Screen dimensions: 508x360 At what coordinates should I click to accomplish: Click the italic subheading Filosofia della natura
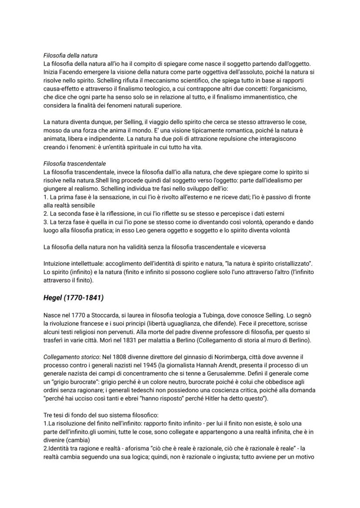[x=70, y=56]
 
